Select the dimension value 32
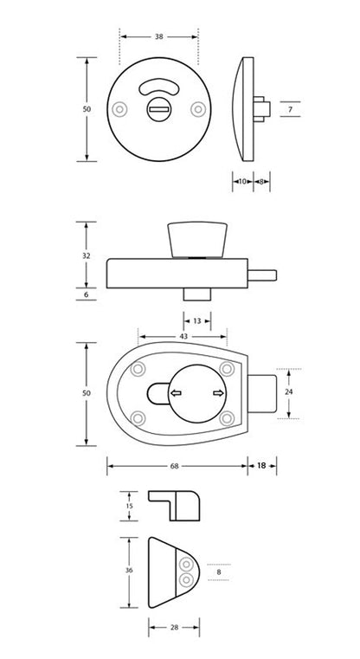pyautogui.click(x=85, y=256)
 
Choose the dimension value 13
pyautogui.click(x=196, y=320)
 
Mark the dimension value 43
pyautogui.click(x=183, y=336)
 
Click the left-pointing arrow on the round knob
pyautogui.click(x=176, y=395)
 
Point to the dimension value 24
pyautogui.click(x=288, y=392)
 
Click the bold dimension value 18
pyautogui.click(x=261, y=467)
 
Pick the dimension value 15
pyautogui.click(x=129, y=506)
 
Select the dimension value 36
pyautogui.click(x=129, y=572)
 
